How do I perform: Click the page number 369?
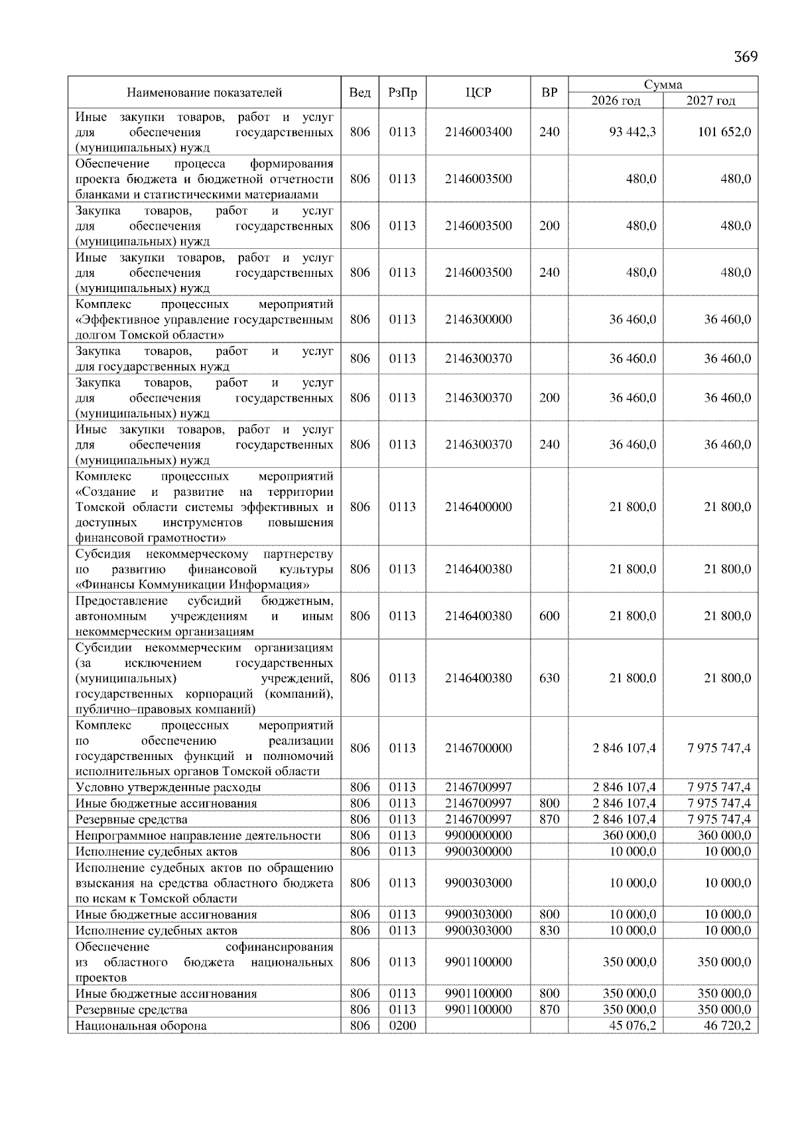pyautogui.click(x=746, y=56)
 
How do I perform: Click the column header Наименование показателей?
pyautogui.click(x=204, y=92)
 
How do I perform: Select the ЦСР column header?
pyautogui.click(x=478, y=92)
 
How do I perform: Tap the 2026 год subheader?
pyautogui.click(x=616, y=100)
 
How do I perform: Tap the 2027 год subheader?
pyautogui.click(x=710, y=100)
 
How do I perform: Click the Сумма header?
pyautogui.click(x=663, y=84)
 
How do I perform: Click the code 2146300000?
pyautogui.click(x=478, y=319)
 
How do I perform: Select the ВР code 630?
pyautogui.click(x=549, y=678)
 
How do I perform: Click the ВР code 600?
pyautogui.click(x=549, y=615)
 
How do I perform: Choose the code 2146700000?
pyautogui.click(x=478, y=748)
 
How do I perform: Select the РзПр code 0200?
pyautogui.click(x=402, y=1025)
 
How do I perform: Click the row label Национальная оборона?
pyautogui.click(x=141, y=1025)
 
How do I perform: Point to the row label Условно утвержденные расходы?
pyautogui.click(x=168, y=787)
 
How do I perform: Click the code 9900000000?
pyautogui.click(x=478, y=835)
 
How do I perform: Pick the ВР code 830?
pyautogui.click(x=549, y=930)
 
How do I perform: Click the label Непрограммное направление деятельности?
pyautogui.click(x=198, y=835)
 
